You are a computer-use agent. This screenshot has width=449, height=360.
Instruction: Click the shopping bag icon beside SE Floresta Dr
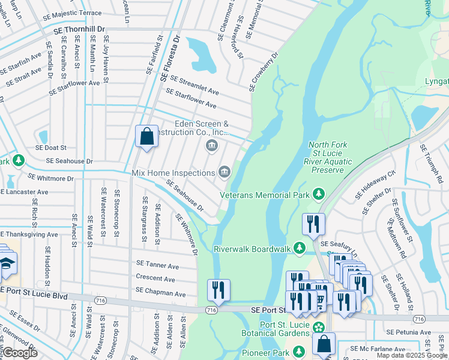pyautogui.click(x=146, y=137)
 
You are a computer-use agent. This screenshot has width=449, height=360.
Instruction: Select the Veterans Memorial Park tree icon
pyautogui.click(x=318, y=194)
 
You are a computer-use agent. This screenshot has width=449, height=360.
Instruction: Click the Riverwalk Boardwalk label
pyautogui.click(x=252, y=248)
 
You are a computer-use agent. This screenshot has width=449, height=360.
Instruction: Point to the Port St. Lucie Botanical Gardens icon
pyautogui.click(x=319, y=327)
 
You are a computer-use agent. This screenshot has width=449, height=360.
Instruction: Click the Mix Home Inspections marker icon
pyautogui.click(x=224, y=172)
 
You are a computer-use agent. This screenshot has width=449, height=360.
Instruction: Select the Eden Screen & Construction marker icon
pyautogui.click(x=211, y=145)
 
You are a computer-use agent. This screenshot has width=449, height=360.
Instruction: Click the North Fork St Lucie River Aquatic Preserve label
pyautogui.click(x=327, y=157)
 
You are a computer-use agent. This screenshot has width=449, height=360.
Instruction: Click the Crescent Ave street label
pyautogui.click(x=155, y=279)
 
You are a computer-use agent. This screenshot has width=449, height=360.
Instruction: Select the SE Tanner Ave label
pyautogui.click(x=157, y=265)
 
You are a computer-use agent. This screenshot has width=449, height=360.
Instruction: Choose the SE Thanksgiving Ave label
pyautogui.click(x=29, y=235)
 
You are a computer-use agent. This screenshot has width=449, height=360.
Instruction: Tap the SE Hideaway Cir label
pyautogui.click(x=376, y=184)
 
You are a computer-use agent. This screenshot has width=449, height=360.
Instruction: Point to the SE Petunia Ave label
pyautogui.click(x=409, y=332)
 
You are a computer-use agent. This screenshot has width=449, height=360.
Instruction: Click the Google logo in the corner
pyautogui.click(x=20, y=353)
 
